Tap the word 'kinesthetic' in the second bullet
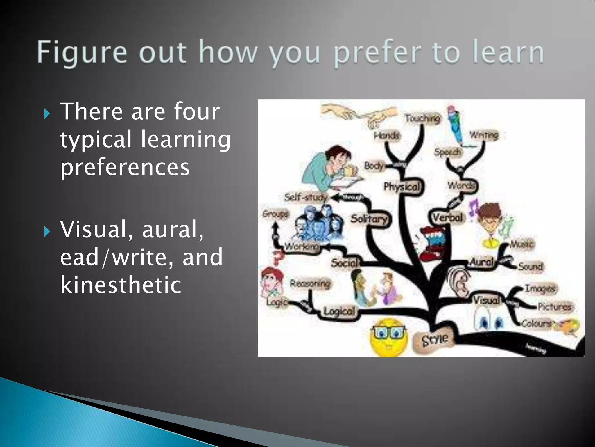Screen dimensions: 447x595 (121, 284)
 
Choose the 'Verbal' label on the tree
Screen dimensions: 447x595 (447, 217)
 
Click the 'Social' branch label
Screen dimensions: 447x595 (345, 263)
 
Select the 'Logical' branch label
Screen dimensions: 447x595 (339, 311)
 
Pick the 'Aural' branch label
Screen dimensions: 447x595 (481, 262)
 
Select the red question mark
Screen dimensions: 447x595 (278, 258)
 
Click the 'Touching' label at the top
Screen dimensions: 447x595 (422, 118)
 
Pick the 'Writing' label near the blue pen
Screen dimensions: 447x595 (484, 135)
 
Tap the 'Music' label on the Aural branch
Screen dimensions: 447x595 (521, 244)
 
